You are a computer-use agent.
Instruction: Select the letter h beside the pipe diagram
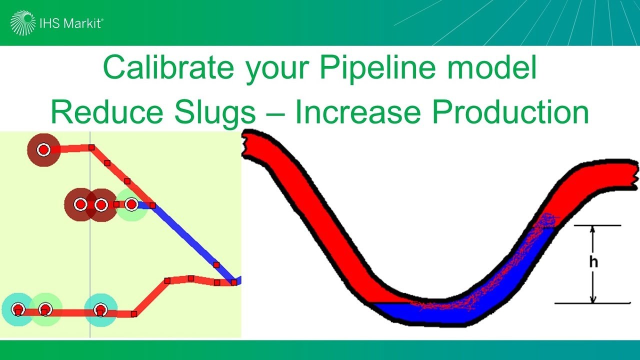click(x=593, y=262)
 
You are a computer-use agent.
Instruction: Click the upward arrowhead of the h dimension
click(x=593, y=229)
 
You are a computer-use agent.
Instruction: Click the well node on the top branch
click(x=43, y=149)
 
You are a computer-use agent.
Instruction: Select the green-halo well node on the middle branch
click(x=131, y=204)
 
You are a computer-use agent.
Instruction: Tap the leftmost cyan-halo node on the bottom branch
click(x=18, y=309)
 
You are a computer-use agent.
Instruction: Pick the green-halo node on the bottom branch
click(x=45, y=309)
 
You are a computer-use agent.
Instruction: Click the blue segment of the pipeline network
click(x=190, y=240)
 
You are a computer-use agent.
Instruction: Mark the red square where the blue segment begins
click(x=152, y=205)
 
